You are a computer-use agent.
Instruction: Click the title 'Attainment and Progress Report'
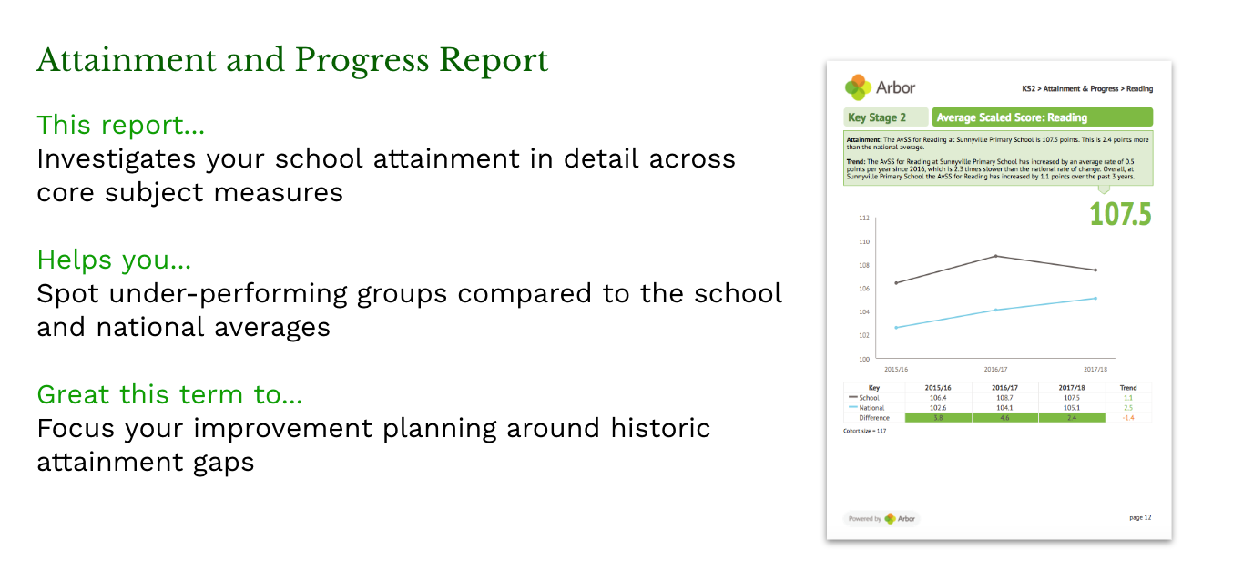coord(292,61)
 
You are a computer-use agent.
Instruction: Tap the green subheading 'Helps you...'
coord(114,260)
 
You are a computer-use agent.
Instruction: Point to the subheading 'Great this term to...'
coord(169,394)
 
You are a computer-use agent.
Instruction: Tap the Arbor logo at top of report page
coord(880,87)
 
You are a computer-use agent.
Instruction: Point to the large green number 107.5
coord(1120,214)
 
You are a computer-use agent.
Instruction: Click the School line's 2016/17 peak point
coord(995,256)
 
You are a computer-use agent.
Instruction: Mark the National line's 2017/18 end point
coord(1095,298)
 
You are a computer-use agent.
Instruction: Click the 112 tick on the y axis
coord(863,219)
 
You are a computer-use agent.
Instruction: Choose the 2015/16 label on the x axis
coord(896,370)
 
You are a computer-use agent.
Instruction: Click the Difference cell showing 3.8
coord(938,417)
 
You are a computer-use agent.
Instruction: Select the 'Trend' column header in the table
coord(1127,388)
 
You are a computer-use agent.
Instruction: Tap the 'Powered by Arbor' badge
coord(881,518)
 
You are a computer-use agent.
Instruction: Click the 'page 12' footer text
coord(1139,517)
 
